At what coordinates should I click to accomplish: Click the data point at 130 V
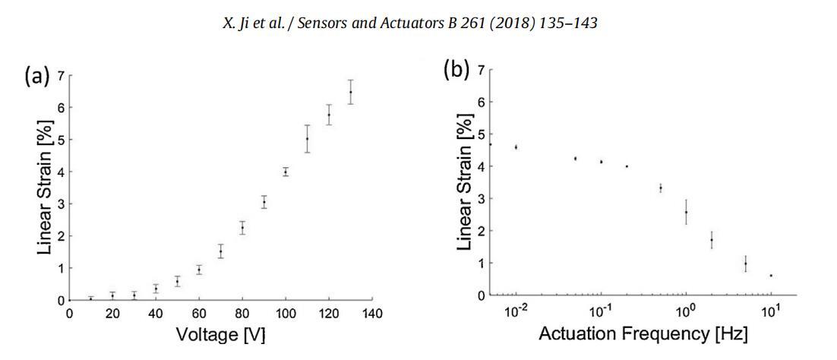point(350,92)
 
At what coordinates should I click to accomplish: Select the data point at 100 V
point(286,172)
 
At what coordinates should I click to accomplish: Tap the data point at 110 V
point(307,138)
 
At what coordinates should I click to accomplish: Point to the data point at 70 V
point(220,251)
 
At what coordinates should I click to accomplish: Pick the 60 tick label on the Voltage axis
point(199,313)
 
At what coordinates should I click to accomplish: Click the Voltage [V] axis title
point(220,333)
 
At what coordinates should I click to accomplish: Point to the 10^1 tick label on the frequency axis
point(770,311)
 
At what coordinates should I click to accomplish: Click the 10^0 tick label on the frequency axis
point(686,311)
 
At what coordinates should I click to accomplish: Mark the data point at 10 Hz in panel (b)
point(770,275)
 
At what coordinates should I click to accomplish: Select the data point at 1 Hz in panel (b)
point(686,212)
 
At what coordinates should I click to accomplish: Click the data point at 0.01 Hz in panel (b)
point(516,147)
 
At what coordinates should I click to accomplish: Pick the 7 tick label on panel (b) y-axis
point(480,70)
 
